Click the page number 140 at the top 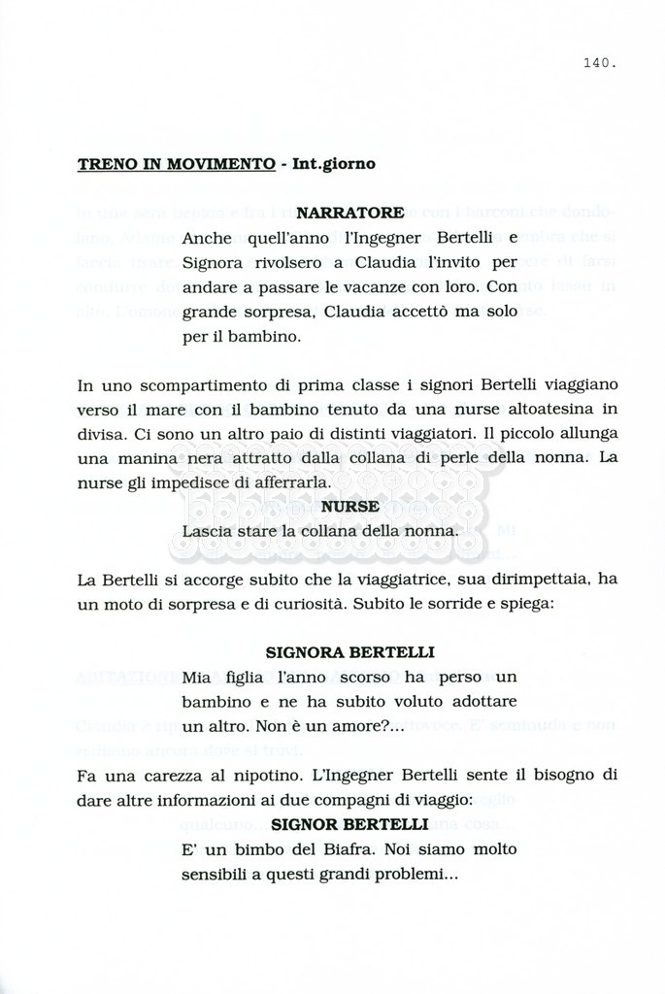(600, 64)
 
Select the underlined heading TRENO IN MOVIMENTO (176, 163)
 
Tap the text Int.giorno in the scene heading (333, 163)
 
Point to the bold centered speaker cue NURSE (349, 506)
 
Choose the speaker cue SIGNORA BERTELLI (349, 651)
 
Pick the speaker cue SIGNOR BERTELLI (349, 824)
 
